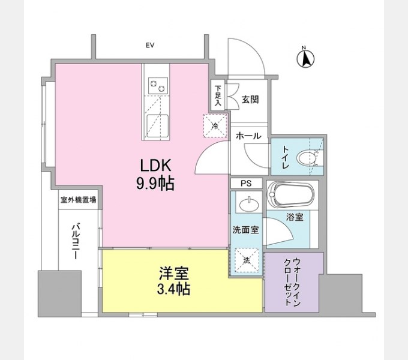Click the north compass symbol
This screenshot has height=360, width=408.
point(306,58)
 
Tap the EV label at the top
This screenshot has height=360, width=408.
point(151,44)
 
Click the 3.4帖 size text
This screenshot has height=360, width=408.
point(174,290)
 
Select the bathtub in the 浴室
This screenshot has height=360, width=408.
point(291,195)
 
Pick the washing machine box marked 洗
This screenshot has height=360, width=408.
point(247,260)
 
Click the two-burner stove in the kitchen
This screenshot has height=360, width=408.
point(158,86)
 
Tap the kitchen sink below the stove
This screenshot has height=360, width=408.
point(158,125)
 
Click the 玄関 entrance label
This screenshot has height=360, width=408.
point(250,99)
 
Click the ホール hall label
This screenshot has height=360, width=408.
point(248,136)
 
